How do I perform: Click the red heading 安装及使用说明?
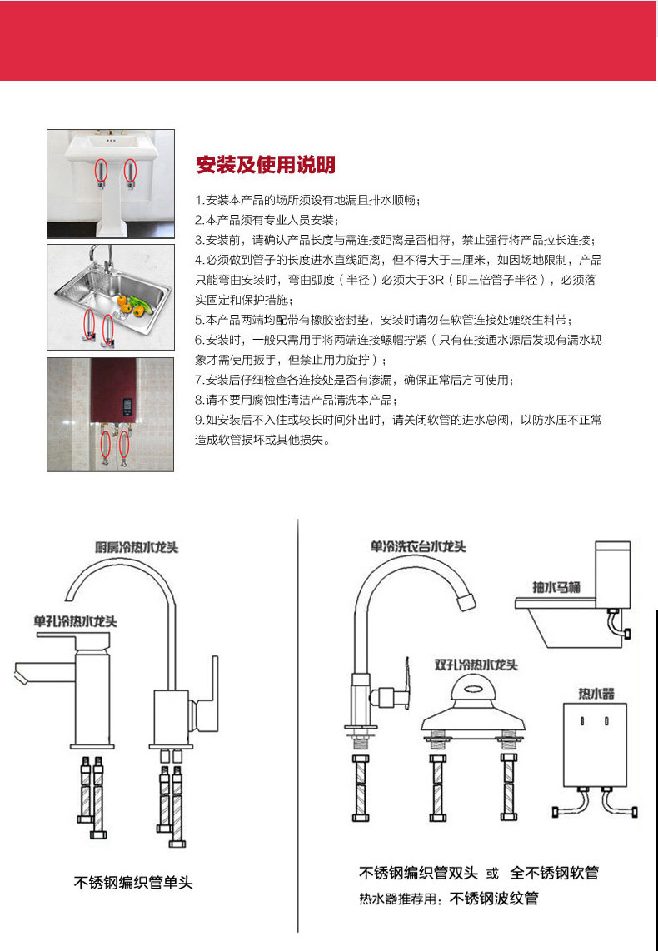265,165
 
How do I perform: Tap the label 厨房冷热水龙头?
137,547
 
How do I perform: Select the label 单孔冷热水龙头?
75,621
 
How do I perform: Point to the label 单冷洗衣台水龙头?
418,546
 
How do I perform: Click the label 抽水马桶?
556,587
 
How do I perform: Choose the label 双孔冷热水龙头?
476,665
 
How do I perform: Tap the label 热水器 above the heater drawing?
596,693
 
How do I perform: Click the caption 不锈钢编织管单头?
133,883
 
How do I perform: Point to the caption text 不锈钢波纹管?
494,899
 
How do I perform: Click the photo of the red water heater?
111,414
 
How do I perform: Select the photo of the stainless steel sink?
111,297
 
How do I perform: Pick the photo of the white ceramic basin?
111,183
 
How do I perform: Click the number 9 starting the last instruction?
199,420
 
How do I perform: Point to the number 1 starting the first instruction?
198,201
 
